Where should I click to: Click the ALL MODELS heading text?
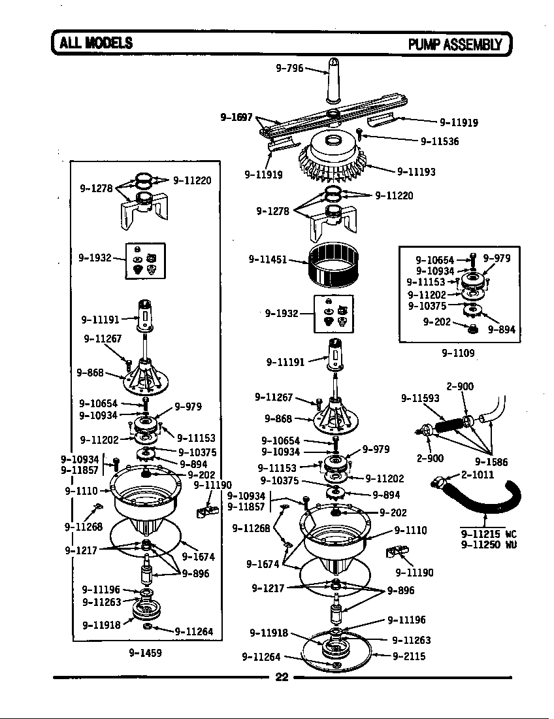[96, 44]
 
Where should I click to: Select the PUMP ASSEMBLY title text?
[455, 44]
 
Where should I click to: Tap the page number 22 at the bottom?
[282, 677]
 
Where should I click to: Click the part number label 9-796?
[290, 68]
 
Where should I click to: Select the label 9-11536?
[440, 141]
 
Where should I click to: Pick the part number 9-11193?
[416, 172]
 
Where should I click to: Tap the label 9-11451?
[267, 259]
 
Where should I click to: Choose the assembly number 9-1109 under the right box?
[457, 353]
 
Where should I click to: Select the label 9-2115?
[409, 656]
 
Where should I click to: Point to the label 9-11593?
[420, 397]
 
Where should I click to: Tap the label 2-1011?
[477, 475]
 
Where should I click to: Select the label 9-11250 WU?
[488, 544]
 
